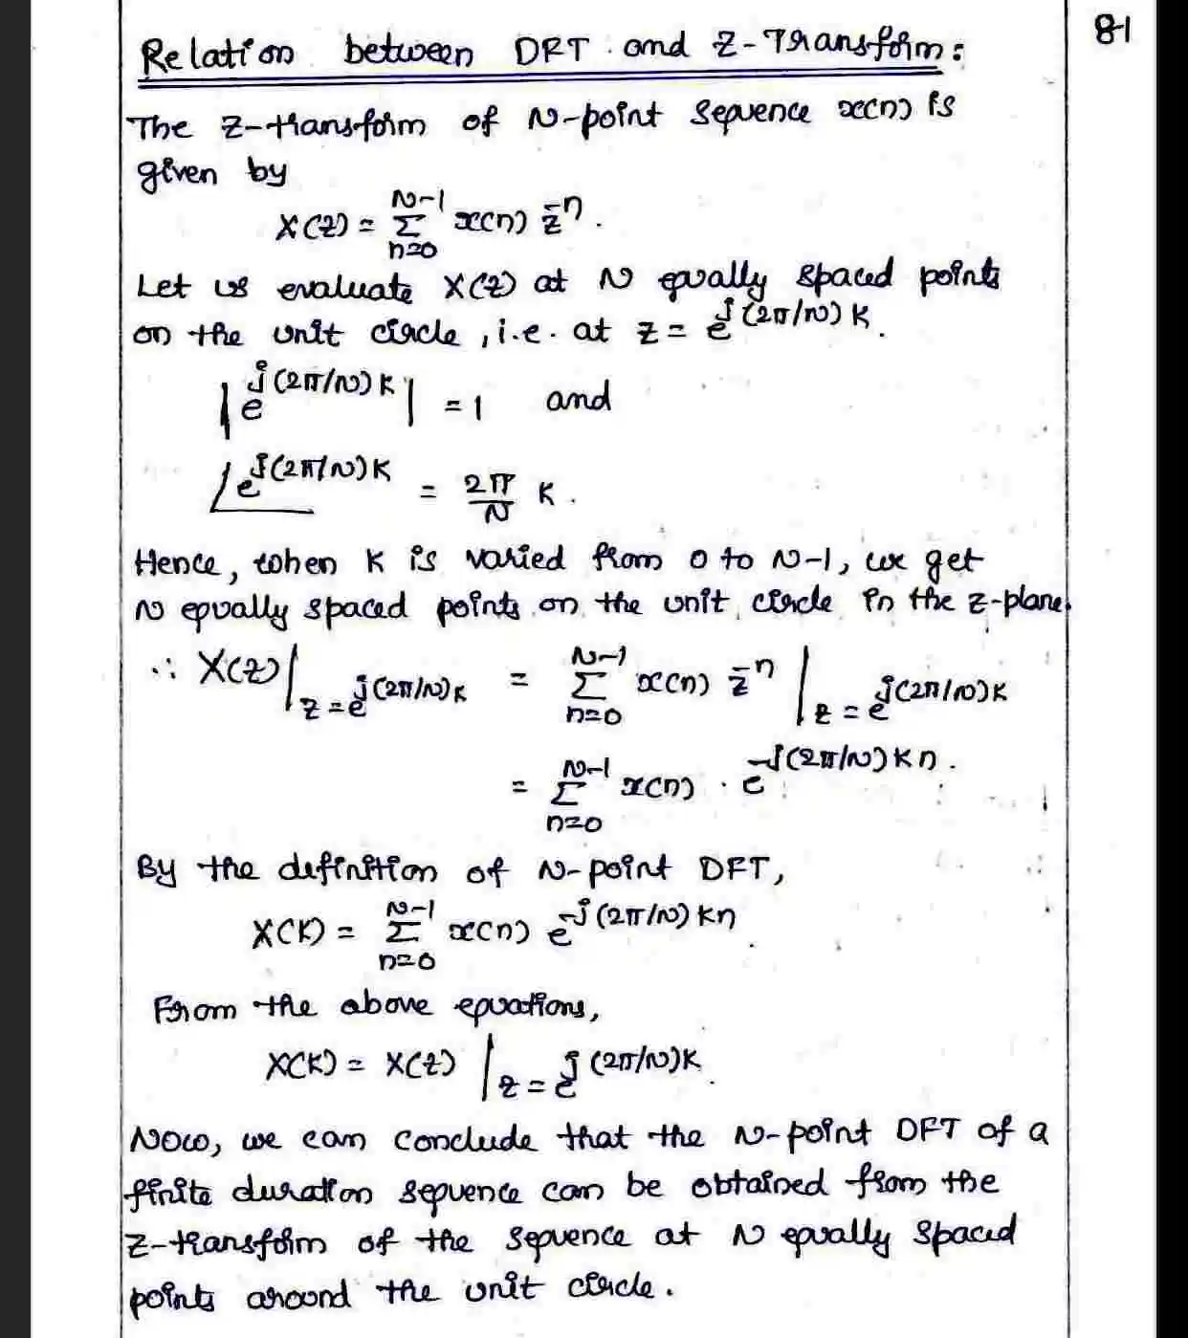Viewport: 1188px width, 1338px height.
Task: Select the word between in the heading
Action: (x=408, y=52)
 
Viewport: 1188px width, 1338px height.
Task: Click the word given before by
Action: (x=178, y=174)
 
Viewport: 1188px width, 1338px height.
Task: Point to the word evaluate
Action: (x=345, y=287)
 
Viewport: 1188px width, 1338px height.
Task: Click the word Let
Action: (x=164, y=286)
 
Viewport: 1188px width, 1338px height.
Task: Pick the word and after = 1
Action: (x=578, y=398)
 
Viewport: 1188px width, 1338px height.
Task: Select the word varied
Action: (x=516, y=559)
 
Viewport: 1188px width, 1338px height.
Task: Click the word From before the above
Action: (x=194, y=1009)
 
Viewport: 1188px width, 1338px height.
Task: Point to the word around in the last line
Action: (x=297, y=1297)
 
